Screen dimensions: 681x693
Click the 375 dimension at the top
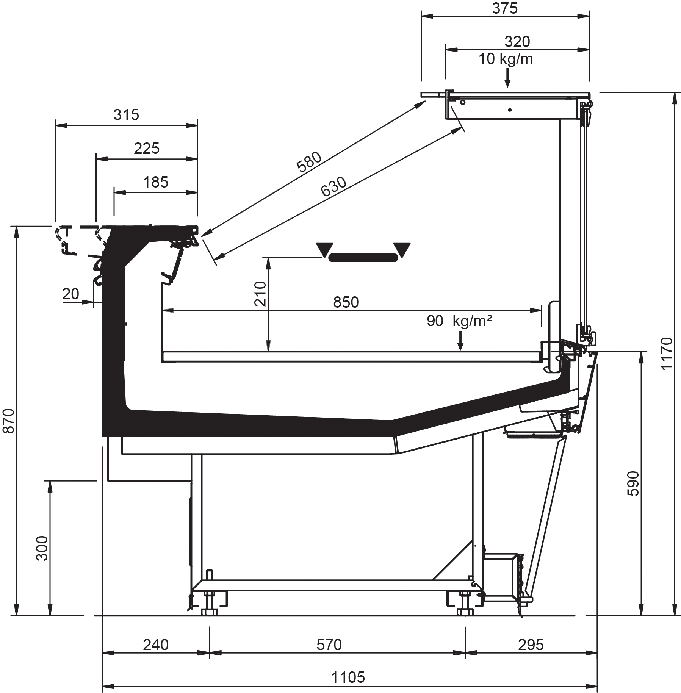pyautogui.click(x=505, y=8)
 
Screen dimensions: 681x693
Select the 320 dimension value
pyautogui.click(x=517, y=42)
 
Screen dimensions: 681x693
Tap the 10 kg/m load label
pyautogui.click(x=506, y=59)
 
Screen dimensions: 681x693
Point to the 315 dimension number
pyautogui.click(x=126, y=114)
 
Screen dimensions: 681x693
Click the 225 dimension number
pyautogui.click(x=147, y=149)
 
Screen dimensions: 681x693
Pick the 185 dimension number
pyautogui.click(x=156, y=182)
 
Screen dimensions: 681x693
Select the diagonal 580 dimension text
pyautogui.click(x=309, y=162)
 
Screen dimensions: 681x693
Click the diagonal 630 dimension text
pyautogui.click(x=333, y=187)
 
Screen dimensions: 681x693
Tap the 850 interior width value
pyautogui.click(x=346, y=302)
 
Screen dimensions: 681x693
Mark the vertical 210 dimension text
pyautogui.click(x=260, y=294)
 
